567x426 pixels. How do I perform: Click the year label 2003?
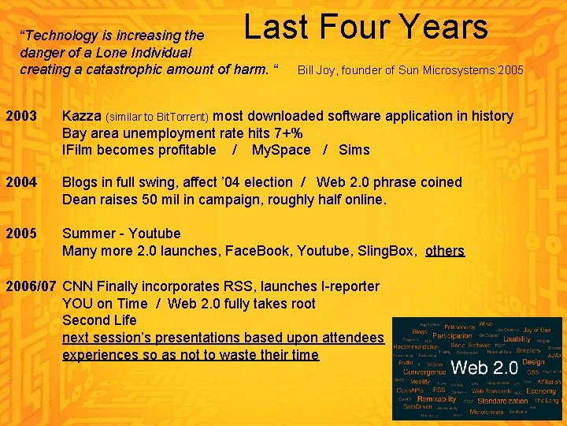pyautogui.click(x=21, y=116)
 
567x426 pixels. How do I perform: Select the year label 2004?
pyautogui.click(x=21, y=182)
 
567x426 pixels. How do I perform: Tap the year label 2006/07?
pyautogui.click(x=31, y=286)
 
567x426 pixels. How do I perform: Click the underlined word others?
pyautogui.click(x=445, y=251)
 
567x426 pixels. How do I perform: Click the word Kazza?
pyautogui.click(x=82, y=116)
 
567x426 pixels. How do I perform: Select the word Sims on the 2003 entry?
pyautogui.click(x=354, y=150)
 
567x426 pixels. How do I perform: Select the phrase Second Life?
pyautogui.click(x=99, y=320)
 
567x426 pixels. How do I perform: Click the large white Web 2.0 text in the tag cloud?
pyautogui.click(x=484, y=368)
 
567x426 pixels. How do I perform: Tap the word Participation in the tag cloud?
pyautogui.click(x=452, y=336)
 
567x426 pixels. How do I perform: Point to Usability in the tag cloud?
pyautogui.click(x=517, y=338)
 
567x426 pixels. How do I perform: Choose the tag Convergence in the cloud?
pyautogui.click(x=424, y=372)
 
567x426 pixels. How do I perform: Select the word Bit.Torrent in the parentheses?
pyautogui.click(x=183, y=117)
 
